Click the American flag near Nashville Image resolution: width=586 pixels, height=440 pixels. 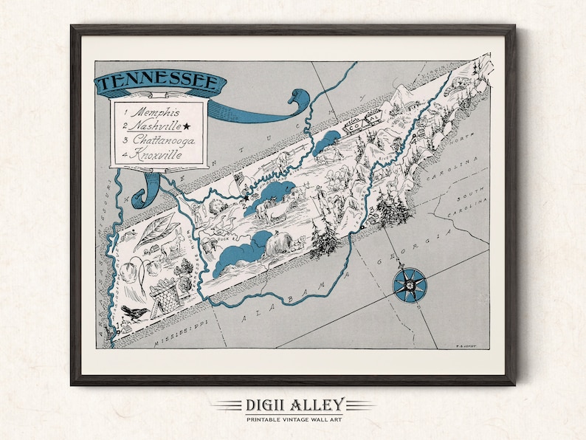point(238,180)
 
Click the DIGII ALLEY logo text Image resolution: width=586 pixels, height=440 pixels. point(293,404)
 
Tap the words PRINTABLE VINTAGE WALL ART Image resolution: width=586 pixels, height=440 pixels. point(293,419)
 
